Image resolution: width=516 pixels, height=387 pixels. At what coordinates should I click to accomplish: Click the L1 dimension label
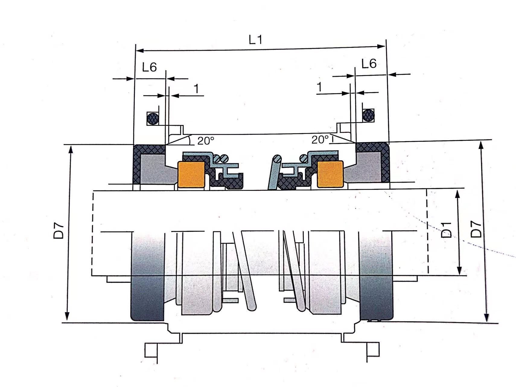click(x=256, y=40)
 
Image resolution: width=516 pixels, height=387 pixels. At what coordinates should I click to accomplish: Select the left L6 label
click(x=149, y=67)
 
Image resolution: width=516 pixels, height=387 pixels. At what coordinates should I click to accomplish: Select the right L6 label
click(x=369, y=63)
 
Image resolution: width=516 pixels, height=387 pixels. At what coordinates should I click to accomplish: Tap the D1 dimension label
click(x=446, y=230)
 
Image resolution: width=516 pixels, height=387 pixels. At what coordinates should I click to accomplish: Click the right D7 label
click(x=476, y=229)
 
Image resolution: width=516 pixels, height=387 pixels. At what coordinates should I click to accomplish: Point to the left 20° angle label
click(x=206, y=141)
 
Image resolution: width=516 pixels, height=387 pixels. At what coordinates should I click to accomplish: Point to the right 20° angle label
click(x=320, y=139)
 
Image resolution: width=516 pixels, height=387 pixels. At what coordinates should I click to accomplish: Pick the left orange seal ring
click(x=191, y=174)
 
